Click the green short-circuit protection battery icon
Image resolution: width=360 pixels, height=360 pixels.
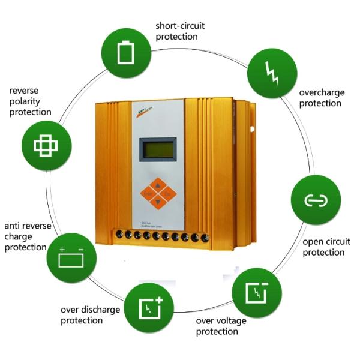point(125,53)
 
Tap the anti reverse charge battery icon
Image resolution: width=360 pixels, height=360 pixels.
point(71,256)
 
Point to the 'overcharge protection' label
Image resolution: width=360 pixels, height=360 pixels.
point(321,98)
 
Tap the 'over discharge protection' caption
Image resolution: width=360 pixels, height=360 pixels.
point(90,315)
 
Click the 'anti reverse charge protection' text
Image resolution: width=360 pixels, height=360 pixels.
point(27,236)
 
